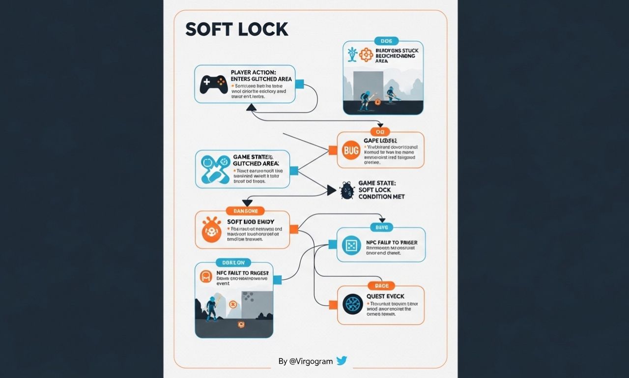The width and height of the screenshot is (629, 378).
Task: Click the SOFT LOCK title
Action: point(236,29)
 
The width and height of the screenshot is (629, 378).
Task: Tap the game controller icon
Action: point(213,84)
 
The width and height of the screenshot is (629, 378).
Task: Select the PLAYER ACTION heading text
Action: point(253,72)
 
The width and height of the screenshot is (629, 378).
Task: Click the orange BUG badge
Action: point(352,151)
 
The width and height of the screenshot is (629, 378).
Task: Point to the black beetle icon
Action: point(347,190)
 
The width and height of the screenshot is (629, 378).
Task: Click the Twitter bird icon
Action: point(342,361)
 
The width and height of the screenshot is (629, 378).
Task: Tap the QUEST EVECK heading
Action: point(385,296)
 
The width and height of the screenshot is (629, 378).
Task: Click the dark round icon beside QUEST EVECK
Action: point(352,304)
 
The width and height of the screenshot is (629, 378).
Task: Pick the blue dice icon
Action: point(352,245)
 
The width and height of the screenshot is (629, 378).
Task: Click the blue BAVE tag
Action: point(381,227)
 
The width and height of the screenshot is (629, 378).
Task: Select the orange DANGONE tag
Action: point(245,210)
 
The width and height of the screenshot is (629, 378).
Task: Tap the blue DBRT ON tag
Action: point(233,262)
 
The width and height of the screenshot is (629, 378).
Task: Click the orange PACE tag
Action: point(382,286)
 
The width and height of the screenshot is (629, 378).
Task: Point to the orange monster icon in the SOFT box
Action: point(212,229)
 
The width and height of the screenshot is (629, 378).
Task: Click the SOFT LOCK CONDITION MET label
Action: point(381,190)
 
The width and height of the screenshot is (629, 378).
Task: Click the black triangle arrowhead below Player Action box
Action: point(251,107)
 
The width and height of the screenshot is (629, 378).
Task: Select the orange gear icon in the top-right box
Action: point(366,55)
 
